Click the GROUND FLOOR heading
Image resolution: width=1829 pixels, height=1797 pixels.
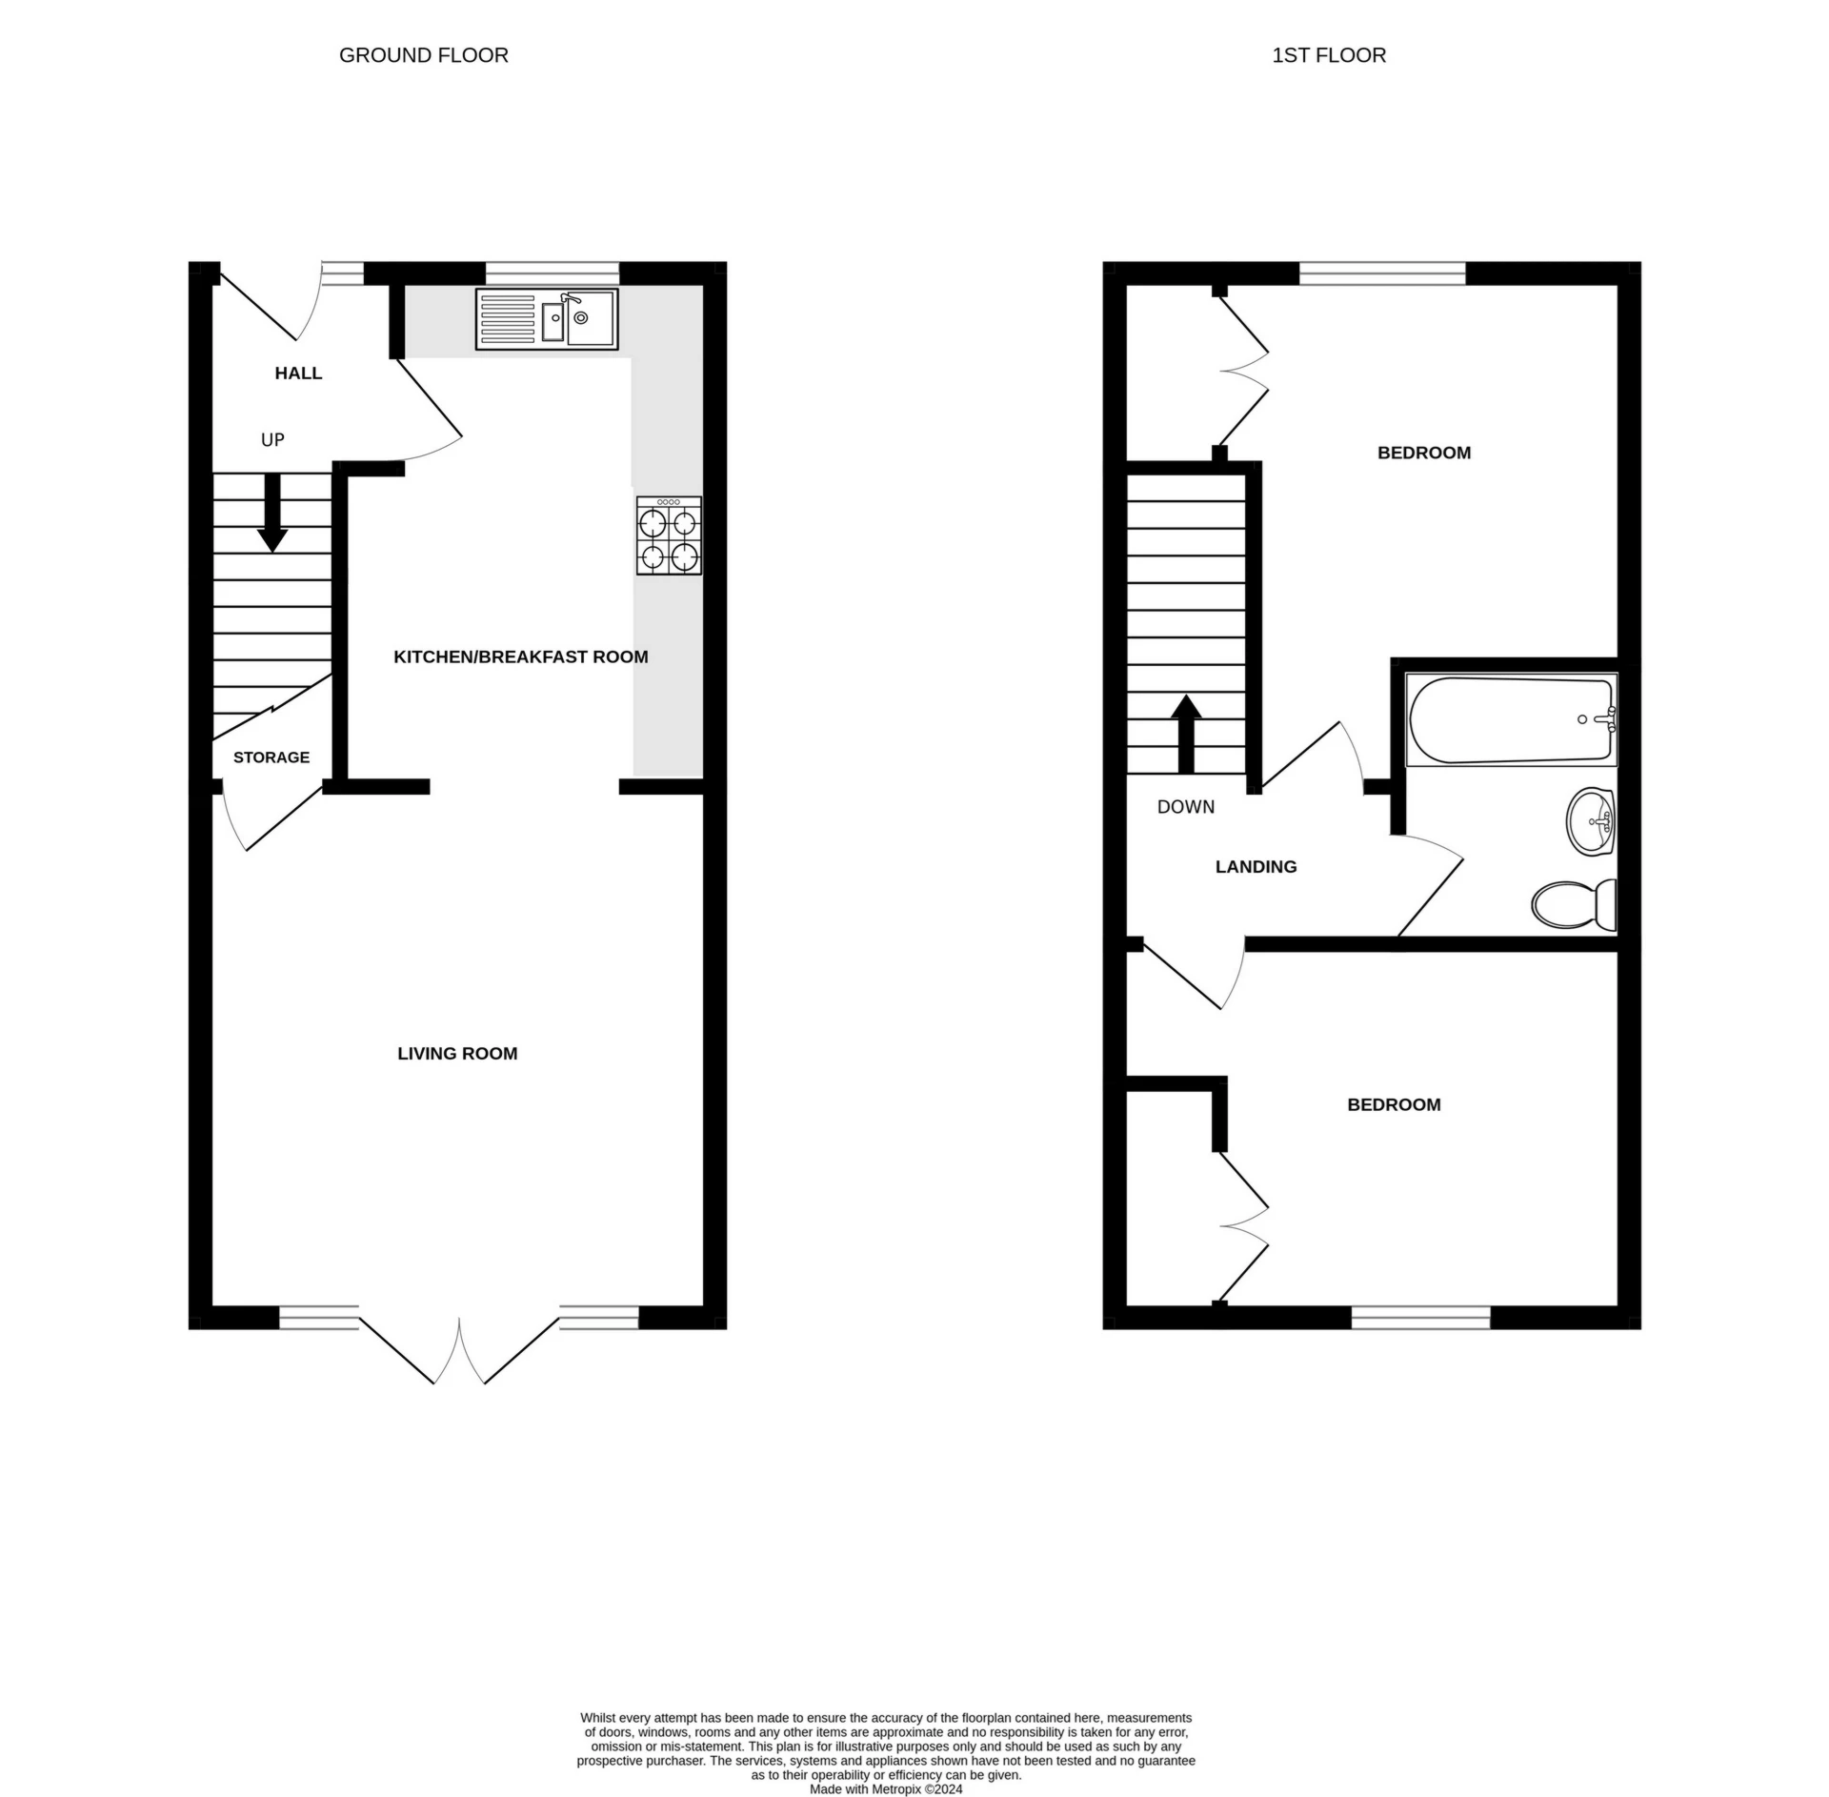[x=423, y=55]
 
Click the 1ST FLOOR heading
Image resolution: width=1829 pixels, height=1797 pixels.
[x=1328, y=55]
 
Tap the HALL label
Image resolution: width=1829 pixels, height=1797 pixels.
[x=298, y=373]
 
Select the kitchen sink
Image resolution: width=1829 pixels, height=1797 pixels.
[x=547, y=319]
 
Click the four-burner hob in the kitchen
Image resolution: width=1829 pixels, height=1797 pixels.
[x=669, y=535]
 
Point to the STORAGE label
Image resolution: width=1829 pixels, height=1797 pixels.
[x=271, y=757]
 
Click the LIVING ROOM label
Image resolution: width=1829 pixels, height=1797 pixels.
[x=457, y=1053]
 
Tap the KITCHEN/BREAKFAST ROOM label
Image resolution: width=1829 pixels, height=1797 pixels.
[x=520, y=656]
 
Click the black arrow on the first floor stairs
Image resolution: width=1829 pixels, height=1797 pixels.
[x=1185, y=734]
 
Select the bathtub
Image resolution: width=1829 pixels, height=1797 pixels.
[x=1511, y=719]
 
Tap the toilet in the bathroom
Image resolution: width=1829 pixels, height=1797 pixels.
[x=1574, y=903]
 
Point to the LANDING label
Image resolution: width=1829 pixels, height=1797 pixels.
[x=1256, y=866]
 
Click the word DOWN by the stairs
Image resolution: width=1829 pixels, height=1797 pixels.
[x=1185, y=807]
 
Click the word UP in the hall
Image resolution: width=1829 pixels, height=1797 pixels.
[x=272, y=439]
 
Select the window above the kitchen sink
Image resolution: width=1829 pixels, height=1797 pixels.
[x=553, y=273]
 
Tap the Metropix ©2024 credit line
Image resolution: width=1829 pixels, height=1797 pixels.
[x=885, y=1789]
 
